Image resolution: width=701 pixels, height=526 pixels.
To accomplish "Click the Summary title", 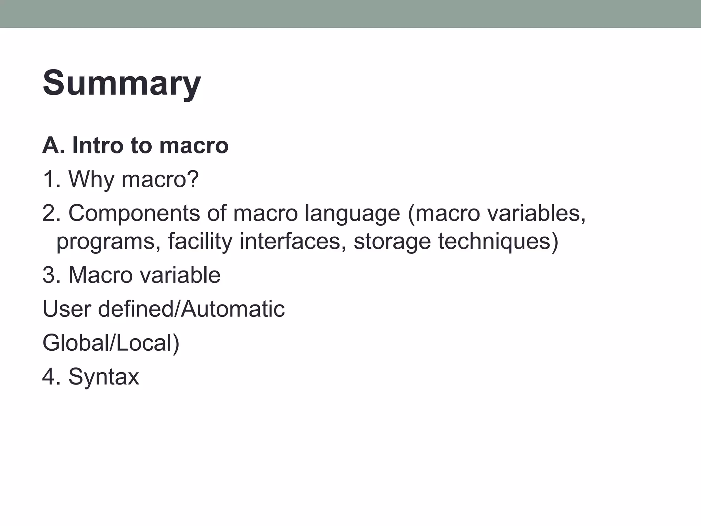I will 122,83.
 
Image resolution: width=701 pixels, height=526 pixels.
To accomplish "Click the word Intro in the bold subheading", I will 98,146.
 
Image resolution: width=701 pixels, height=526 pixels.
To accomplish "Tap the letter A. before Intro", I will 51,146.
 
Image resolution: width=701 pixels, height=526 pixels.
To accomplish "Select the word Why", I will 91,179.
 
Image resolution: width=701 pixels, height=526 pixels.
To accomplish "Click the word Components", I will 134,213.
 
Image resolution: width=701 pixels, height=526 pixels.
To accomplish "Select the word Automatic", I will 233,309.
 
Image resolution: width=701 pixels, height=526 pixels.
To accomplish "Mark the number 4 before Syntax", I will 49,377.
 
